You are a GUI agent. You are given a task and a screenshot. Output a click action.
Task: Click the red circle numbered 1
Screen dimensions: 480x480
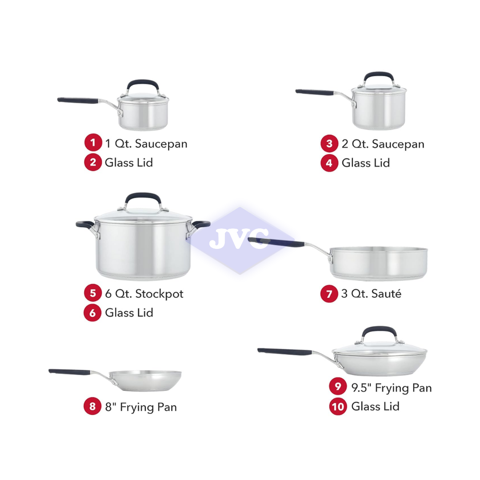click(x=92, y=143)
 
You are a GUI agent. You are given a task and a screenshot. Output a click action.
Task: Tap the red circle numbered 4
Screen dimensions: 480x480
click(x=329, y=163)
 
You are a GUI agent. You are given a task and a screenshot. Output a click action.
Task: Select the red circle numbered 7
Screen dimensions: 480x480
click(x=329, y=294)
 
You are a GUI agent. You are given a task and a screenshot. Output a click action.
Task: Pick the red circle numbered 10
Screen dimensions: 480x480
click(x=338, y=406)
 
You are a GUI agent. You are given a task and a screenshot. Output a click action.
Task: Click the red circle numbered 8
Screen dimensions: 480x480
click(x=92, y=406)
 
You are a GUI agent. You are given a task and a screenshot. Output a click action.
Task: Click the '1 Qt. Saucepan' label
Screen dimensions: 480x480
click(x=146, y=144)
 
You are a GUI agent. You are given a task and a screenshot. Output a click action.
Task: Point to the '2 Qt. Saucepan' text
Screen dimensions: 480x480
click(x=383, y=144)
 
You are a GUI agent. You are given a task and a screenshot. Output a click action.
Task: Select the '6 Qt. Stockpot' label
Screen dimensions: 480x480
click(x=144, y=294)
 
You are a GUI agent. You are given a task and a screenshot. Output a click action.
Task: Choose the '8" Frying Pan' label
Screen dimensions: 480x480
click(x=141, y=407)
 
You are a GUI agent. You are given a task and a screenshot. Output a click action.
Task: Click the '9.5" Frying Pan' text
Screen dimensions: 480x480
click(x=391, y=388)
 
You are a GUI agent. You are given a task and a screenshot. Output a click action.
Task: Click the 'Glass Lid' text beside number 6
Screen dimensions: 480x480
click(x=129, y=312)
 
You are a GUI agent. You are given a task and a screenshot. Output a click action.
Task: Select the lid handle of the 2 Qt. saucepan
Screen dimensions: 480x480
click(x=379, y=76)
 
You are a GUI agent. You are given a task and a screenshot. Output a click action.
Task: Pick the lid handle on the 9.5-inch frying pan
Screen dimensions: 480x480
click(x=379, y=332)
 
